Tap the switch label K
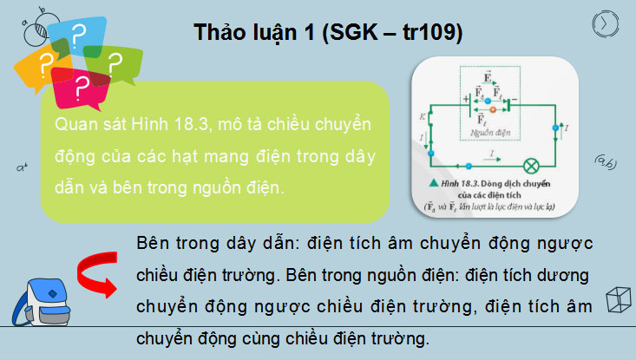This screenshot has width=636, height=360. tap(423, 115)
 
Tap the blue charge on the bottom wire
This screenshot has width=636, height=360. tap(468, 163)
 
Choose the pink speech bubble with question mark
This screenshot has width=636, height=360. tap(81, 86)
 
